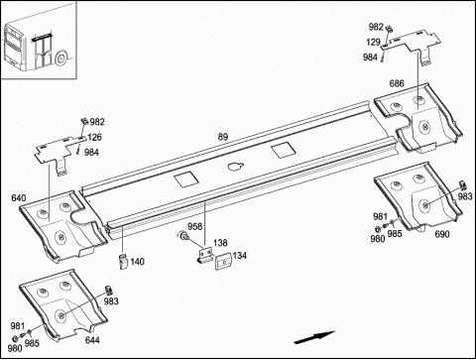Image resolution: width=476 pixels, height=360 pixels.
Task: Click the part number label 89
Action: click(x=223, y=137)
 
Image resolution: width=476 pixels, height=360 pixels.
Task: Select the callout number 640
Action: click(x=19, y=198)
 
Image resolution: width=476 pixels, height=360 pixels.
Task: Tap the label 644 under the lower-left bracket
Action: click(x=92, y=340)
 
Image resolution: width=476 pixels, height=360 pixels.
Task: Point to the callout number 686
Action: click(x=397, y=83)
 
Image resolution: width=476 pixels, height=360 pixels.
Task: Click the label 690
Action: click(x=442, y=234)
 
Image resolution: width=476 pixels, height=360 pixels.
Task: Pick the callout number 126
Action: click(x=94, y=137)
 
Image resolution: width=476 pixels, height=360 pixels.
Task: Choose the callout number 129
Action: click(x=373, y=42)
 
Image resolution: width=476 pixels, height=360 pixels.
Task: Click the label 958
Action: click(x=195, y=226)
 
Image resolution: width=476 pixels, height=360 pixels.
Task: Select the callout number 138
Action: click(x=220, y=243)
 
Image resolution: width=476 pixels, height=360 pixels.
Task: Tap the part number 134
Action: click(x=240, y=256)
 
